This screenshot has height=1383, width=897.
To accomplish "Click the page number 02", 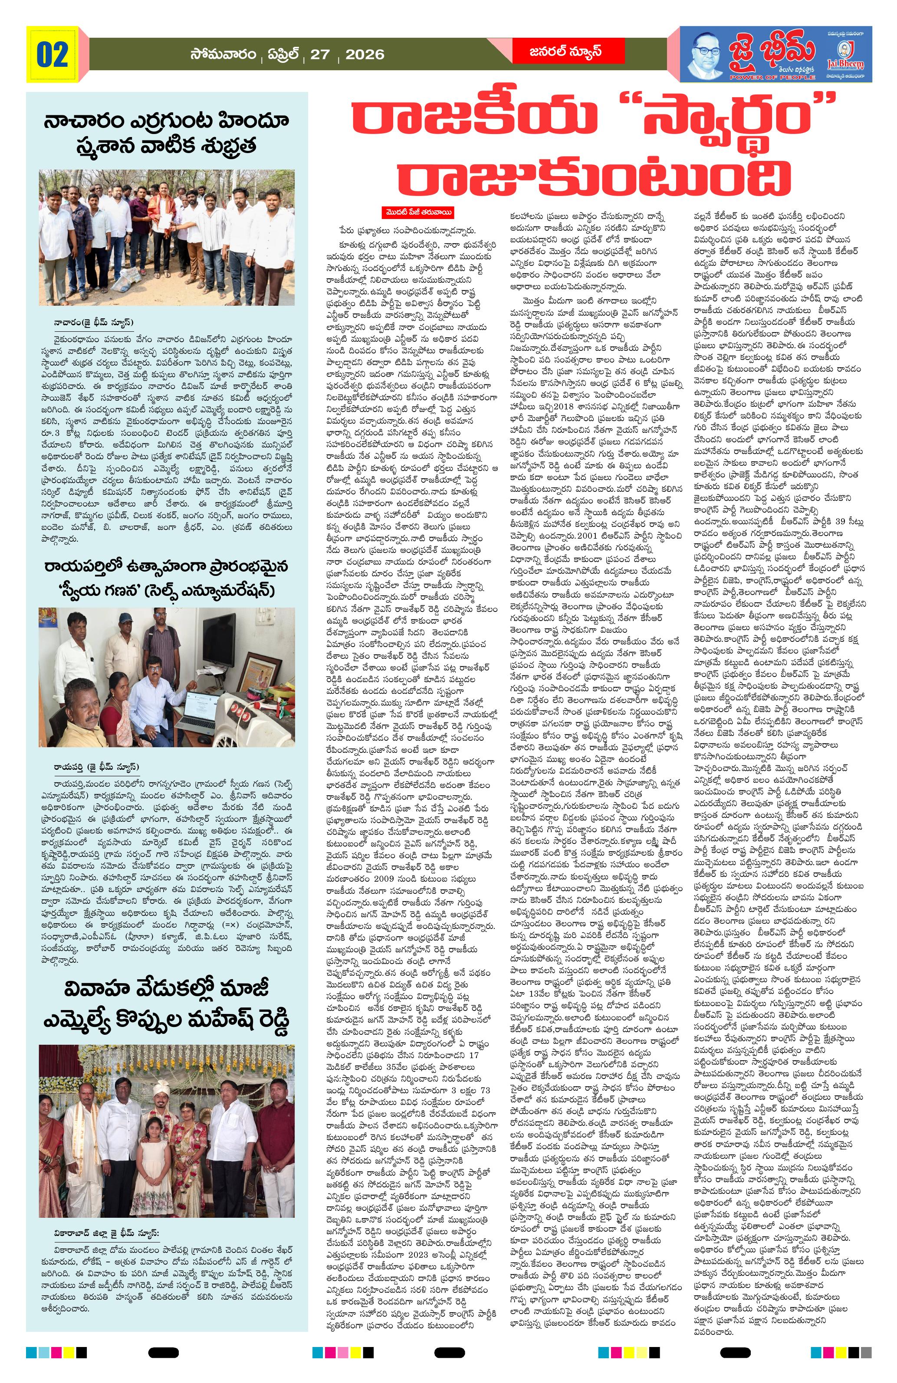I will pyautogui.click(x=53, y=55).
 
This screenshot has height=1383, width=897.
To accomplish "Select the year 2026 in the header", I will pyautogui.click(x=365, y=55).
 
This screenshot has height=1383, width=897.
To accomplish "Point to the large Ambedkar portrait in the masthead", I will pyautogui.click(x=715, y=53).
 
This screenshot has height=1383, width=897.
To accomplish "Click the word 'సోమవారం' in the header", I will pyautogui.click(x=223, y=55).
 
